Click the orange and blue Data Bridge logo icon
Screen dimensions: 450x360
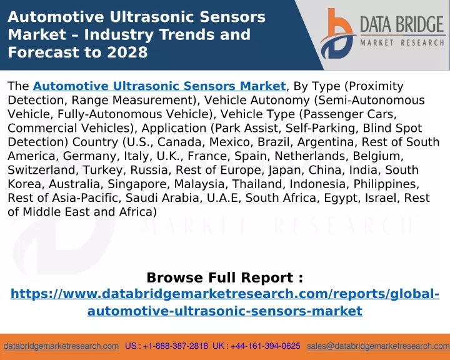click(x=337, y=34)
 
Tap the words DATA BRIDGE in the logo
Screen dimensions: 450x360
click(x=402, y=24)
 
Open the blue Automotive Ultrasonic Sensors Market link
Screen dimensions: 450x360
click(x=159, y=86)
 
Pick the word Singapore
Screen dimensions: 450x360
click(x=137, y=184)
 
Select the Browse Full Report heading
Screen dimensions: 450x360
click(x=225, y=278)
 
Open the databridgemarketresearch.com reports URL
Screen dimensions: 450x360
click(x=225, y=302)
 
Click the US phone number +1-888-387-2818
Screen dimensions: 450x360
click(x=176, y=346)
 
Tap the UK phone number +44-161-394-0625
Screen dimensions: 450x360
click(x=266, y=346)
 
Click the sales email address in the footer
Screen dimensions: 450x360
click(x=378, y=346)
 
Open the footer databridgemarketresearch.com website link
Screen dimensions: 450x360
click(x=61, y=346)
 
